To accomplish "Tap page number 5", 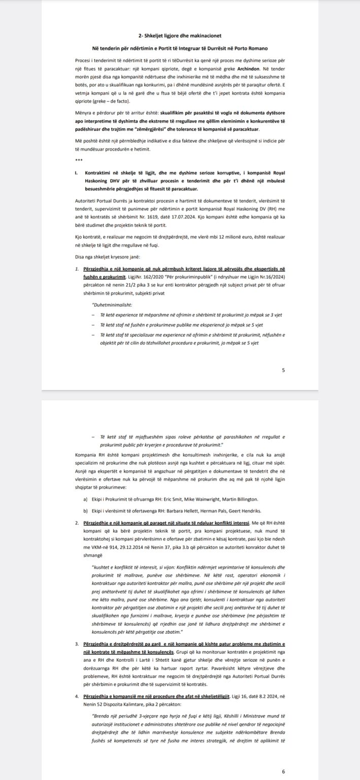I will click(x=283, y=371).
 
